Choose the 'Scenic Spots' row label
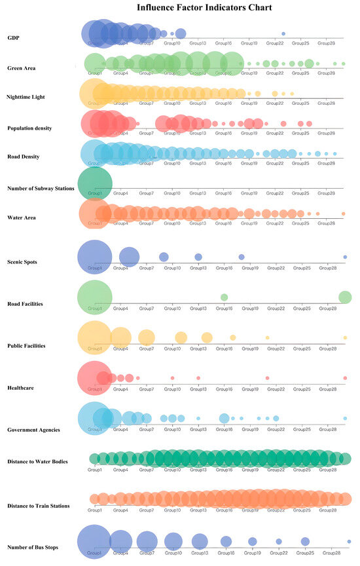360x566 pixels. click(22, 262)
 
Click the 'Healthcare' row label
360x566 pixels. click(20, 388)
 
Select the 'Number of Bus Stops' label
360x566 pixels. click(35, 546)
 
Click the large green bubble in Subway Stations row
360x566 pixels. click(95, 182)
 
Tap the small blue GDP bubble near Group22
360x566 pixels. click(283, 33)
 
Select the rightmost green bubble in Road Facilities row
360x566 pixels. click(345, 297)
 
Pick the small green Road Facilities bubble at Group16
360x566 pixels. click(224, 297)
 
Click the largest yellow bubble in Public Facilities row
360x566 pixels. click(95, 337)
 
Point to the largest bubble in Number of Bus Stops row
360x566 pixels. click(95, 542)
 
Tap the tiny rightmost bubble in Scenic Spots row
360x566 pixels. click(345, 257)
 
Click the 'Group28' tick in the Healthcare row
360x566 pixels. click(327, 389)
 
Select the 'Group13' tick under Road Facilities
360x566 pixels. click(198, 308)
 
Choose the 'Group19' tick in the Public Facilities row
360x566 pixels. click(250, 349)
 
